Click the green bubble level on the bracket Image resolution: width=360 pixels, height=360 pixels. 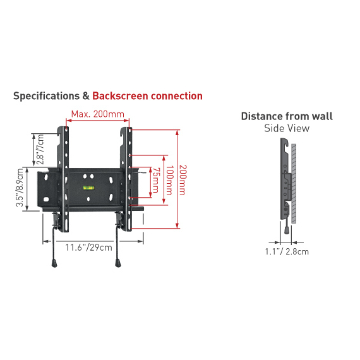[88, 188]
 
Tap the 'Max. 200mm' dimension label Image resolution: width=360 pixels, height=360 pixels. [97, 114]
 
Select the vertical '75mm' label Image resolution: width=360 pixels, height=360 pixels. [155, 180]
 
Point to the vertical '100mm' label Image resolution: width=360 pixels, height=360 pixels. [169, 180]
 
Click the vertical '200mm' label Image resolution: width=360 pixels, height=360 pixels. [183, 180]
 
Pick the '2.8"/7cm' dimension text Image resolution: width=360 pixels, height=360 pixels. [40, 149]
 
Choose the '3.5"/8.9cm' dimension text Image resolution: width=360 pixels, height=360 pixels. [20, 188]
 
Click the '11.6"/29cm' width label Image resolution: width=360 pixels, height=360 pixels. [89, 248]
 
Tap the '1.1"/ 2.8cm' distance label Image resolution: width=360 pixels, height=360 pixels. [287, 251]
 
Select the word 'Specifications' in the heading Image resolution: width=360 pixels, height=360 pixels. [46, 96]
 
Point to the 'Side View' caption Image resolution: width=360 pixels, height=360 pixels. [287, 128]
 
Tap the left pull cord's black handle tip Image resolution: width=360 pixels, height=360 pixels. [54, 263]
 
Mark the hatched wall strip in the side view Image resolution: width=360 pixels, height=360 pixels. [294, 184]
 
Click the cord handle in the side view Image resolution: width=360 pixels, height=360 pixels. [287, 231]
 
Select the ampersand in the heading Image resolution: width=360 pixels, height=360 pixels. [86, 96]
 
